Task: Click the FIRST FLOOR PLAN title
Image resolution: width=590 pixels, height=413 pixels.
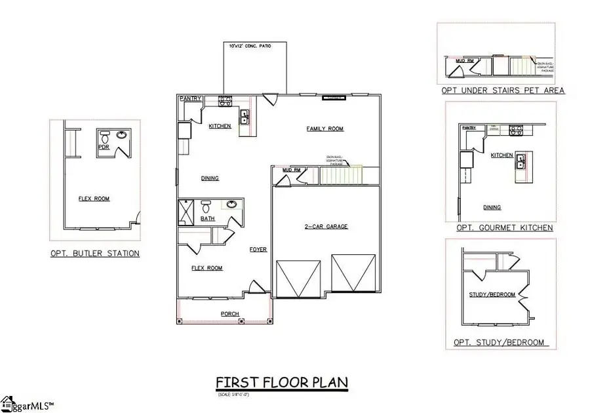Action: pos(282,382)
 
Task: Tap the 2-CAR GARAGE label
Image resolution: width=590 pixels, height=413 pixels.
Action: pos(325,227)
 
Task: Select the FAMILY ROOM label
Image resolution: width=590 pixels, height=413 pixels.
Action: pos(325,129)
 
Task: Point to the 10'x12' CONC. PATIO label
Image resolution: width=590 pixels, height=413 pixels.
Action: pos(250,46)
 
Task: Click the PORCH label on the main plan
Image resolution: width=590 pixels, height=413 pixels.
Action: pos(229,313)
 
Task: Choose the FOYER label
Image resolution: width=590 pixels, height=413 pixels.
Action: pos(258,249)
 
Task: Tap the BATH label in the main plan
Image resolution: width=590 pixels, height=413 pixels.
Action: pos(207,218)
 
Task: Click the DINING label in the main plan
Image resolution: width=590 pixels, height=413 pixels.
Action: pos(210,178)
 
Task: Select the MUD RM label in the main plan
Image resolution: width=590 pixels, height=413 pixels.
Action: pos(291,170)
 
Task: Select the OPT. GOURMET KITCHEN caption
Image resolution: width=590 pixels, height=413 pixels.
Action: pos(504,227)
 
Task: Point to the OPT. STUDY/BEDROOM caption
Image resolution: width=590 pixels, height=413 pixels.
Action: pos(499,343)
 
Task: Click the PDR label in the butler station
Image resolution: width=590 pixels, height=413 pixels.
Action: pos(104,147)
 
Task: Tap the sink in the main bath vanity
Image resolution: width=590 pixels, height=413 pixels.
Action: pos(231,205)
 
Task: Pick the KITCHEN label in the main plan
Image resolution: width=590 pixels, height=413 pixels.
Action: pos(220,126)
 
